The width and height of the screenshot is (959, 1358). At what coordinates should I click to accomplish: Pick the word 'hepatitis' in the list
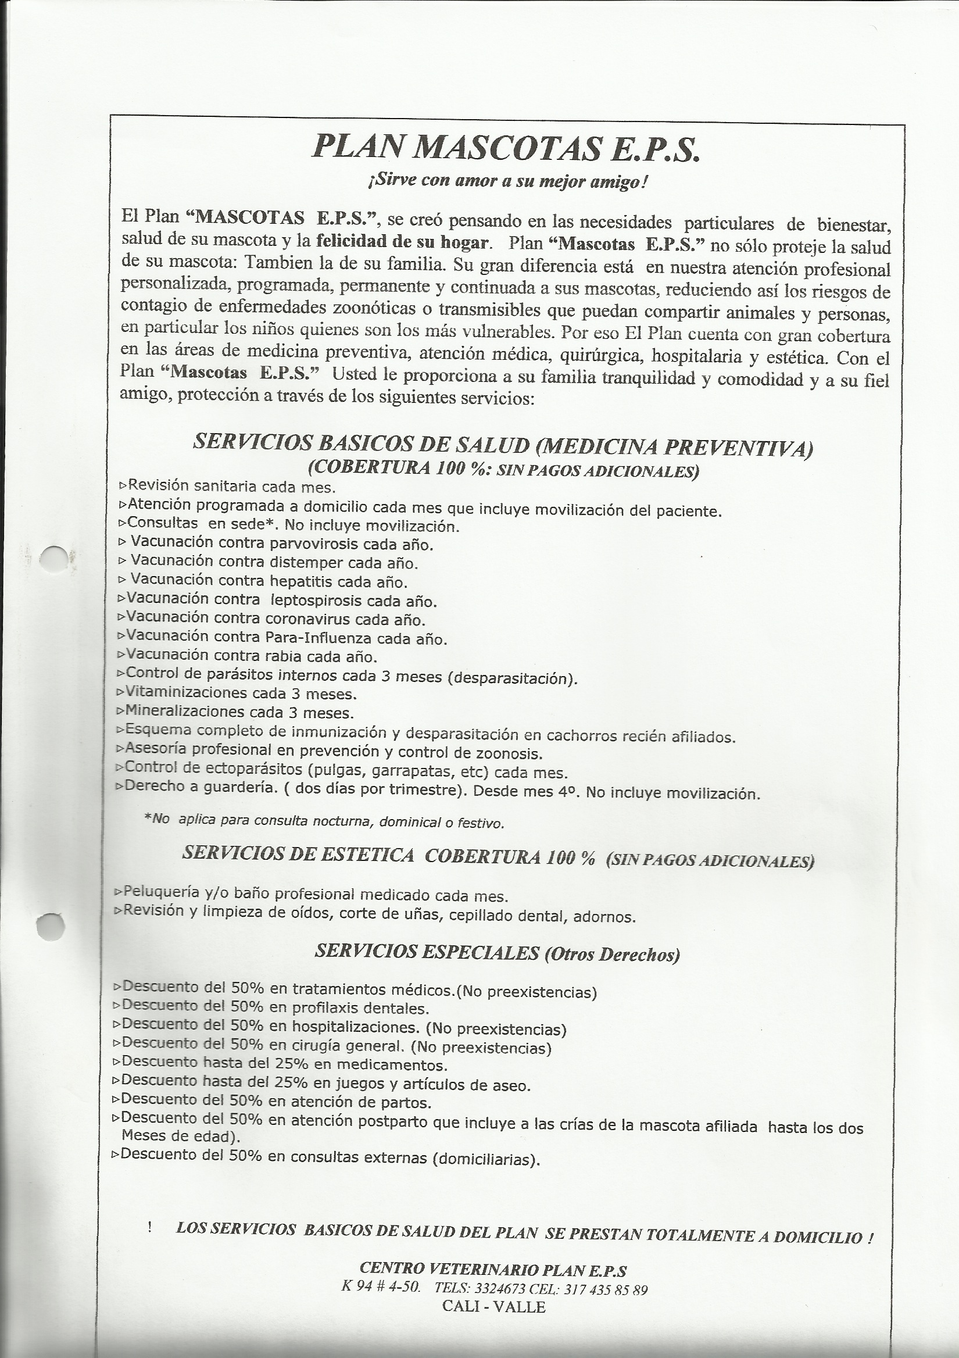pyautogui.click(x=300, y=581)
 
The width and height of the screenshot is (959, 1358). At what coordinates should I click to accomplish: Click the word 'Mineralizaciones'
pyautogui.click(x=184, y=712)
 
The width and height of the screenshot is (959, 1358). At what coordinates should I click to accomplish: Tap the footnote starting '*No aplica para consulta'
pyautogui.click(x=324, y=821)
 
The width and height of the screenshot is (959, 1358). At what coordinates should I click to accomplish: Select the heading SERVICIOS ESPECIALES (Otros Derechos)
pyautogui.click(x=498, y=953)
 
